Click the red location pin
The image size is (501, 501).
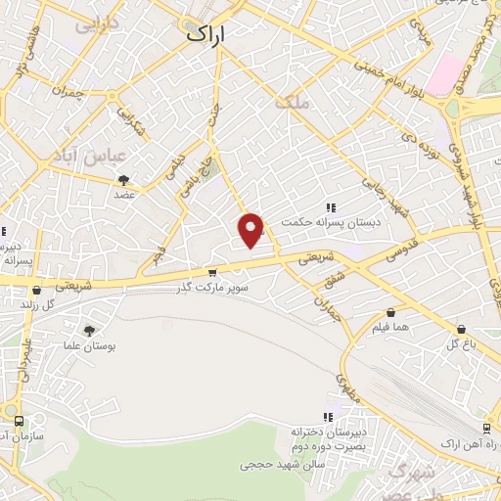click(252, 230)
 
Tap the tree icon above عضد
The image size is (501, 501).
click(124, 179)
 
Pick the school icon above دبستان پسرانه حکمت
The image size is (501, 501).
click(331, 207)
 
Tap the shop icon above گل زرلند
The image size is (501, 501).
click(36, 290)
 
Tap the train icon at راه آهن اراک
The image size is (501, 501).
click(486, 428)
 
